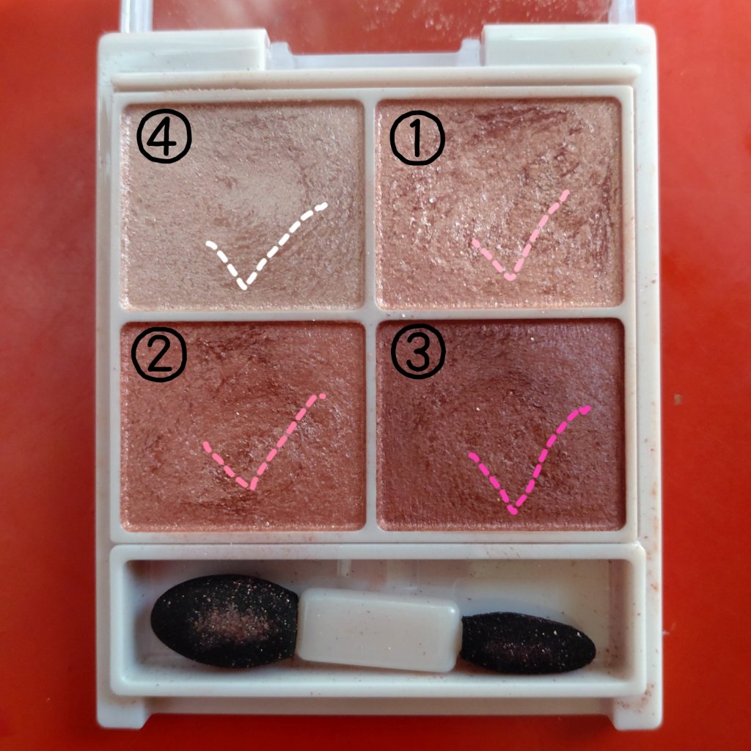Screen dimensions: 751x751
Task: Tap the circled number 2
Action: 159,354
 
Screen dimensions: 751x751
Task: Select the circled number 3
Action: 418,351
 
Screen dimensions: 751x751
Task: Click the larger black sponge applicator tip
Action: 224,620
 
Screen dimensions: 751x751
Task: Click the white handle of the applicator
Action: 379,629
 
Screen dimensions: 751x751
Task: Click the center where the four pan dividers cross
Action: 370,314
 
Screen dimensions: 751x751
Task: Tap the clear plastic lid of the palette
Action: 378,24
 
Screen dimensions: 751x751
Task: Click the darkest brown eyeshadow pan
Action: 501,425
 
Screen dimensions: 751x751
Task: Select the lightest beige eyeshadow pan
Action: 242,205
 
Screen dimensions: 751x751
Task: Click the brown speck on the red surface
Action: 677,398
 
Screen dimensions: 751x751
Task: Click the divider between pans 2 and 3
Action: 370,425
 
